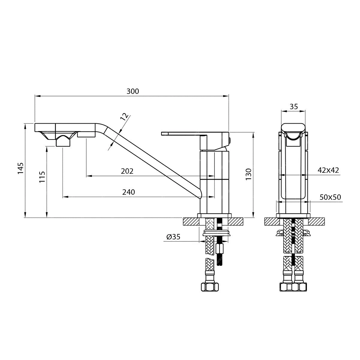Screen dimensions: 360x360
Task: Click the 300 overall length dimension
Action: pos(133,91)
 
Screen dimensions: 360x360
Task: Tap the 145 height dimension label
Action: pos(21,168)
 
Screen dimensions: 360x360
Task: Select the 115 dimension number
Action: pos(42,177)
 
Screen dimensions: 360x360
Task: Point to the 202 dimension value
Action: pos(127,171)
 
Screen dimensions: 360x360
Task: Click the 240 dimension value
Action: pos(128,192)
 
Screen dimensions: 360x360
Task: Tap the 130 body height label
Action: pos(248,174)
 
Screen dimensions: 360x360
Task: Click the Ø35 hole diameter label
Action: pos(173,237)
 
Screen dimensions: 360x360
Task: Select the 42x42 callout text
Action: pos(328,170)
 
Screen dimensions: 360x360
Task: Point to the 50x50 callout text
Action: pos(330,197)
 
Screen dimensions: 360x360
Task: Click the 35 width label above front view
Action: pos(294,107)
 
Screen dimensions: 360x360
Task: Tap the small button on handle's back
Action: pos(230,140)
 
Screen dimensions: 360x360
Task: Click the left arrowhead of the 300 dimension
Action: pos(37,96)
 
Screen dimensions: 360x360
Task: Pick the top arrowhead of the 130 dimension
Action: pos(253,135)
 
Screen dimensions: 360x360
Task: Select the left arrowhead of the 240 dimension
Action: pos(65,197)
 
